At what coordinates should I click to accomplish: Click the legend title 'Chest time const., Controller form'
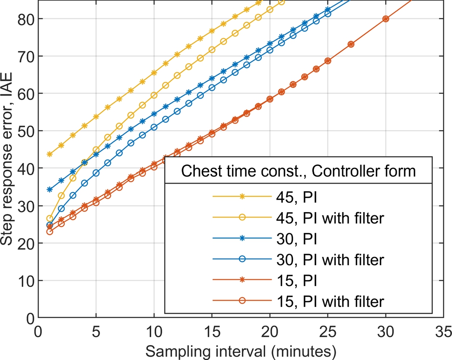pyautogui.click(x=299, y=171)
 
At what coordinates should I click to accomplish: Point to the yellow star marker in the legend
pyautogui.click(x=242, y=196)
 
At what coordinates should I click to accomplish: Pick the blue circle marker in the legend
pyautogui.click(x=242, y=259)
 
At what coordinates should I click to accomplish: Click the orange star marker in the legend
pyautogui.click(x=242, y=280)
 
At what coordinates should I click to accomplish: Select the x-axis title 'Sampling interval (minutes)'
pyautogui.click(x=240, y=349)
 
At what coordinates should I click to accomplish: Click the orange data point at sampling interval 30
pyautogui.click(x=386, y=19)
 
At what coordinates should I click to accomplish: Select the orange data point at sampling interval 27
pyautogui.click(x=351, y=44)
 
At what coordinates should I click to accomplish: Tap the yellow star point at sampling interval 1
pyautogui.click(x=50, y=154)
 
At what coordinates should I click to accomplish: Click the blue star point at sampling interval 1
pyautogui.click(x=50, y=189)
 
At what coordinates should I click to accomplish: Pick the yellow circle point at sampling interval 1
pyautogui.click(x=50, y=218)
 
